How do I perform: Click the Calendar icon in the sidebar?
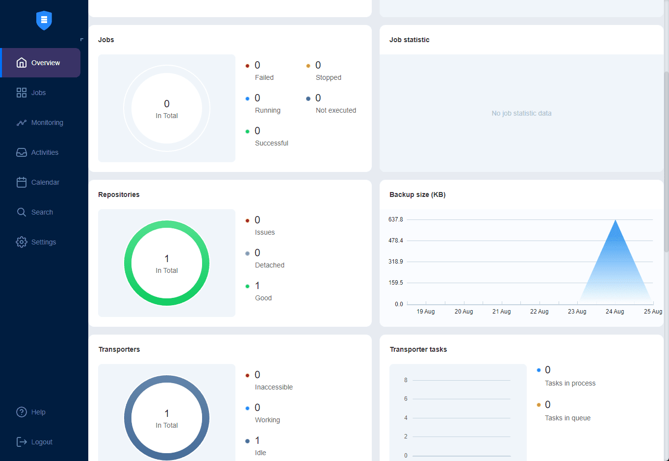point(22,182)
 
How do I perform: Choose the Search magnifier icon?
point(22,212)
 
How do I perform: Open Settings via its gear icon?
point(22,242)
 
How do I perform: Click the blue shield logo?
point(44,20)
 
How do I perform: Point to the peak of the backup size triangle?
point(616,220)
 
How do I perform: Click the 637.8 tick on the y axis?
point(396,219)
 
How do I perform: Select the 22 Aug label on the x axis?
point(539,312)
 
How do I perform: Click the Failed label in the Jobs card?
point(264,77)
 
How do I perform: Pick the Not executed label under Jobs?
point(336,110)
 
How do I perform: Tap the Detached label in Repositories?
point(270,265)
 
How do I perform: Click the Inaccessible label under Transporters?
point(274,387)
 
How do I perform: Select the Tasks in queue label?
point(567,418)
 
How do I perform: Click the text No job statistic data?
point(521,113)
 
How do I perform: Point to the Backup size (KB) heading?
point(417,194)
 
